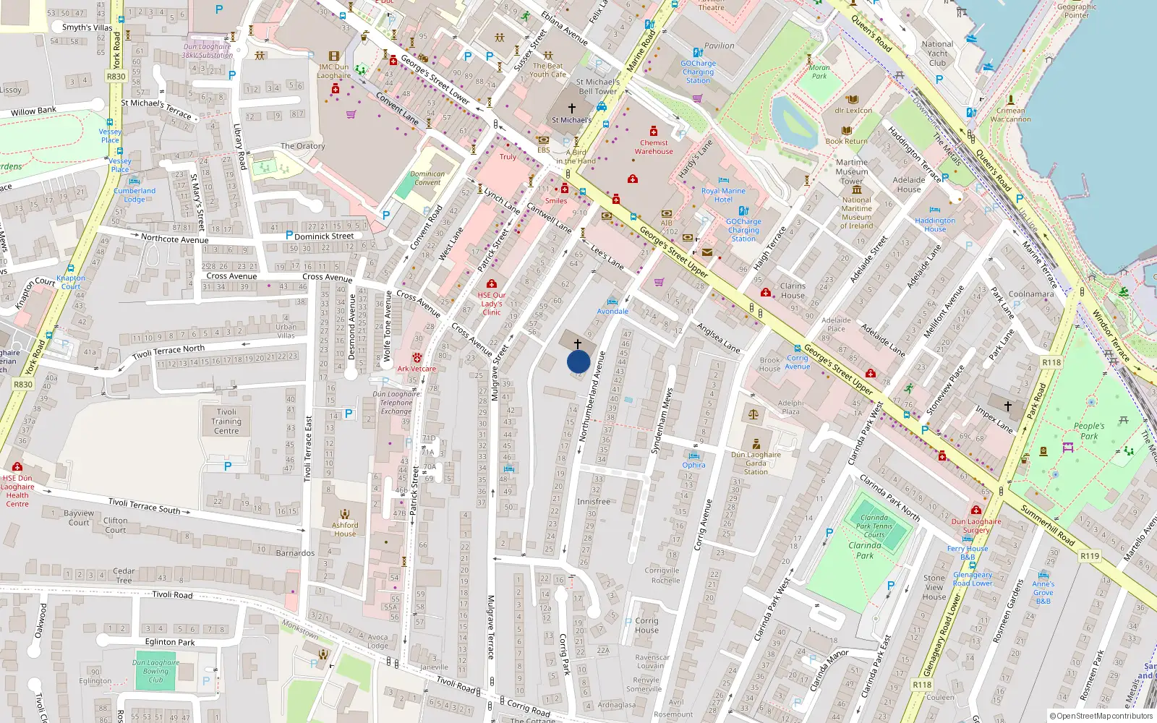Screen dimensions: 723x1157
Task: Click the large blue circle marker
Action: [578, 361]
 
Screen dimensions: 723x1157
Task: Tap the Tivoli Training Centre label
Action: [226, 422]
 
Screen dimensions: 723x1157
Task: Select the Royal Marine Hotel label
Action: [723, 195]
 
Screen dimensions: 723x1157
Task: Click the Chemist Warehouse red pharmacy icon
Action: [654, 132]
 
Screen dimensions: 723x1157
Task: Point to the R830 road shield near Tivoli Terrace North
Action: [23, 385]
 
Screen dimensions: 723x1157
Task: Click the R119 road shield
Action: [1090, 556]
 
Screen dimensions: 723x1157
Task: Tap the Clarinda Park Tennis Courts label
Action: [874, 526]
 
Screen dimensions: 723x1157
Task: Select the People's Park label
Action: [1089, 431]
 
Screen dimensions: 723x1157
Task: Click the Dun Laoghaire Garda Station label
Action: [756, 463]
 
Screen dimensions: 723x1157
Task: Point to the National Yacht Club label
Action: [937, 54]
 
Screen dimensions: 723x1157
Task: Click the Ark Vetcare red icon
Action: [417, 357]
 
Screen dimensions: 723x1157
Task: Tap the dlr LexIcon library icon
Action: [853, 99]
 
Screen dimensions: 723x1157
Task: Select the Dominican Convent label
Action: [427, 178]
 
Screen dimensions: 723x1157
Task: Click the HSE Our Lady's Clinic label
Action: [492, 304]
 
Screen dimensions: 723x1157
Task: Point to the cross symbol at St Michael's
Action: [572, 108]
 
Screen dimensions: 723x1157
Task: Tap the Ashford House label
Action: [345, 529]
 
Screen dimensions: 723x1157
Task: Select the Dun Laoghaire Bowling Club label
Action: [155, 671]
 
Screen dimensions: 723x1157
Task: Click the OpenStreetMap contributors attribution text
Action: [1101, 716]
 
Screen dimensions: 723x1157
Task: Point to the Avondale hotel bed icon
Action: [612, 301]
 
